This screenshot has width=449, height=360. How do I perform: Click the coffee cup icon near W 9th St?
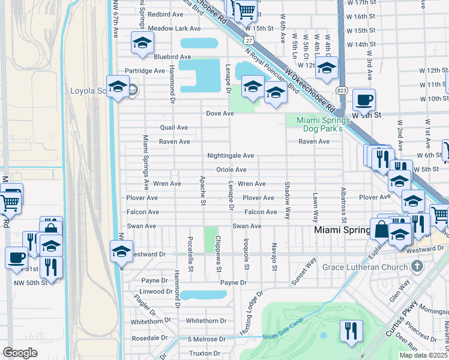(364, 99)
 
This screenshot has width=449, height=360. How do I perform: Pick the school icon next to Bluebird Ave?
(142, 43)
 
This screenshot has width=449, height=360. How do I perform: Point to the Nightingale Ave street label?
(231, 155)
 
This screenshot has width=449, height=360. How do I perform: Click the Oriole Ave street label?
(231, 170)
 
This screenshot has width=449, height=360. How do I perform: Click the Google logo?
(20, 353)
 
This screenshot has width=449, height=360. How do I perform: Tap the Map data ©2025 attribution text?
(423, 355)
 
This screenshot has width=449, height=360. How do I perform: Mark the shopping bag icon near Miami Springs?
(381, 229)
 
